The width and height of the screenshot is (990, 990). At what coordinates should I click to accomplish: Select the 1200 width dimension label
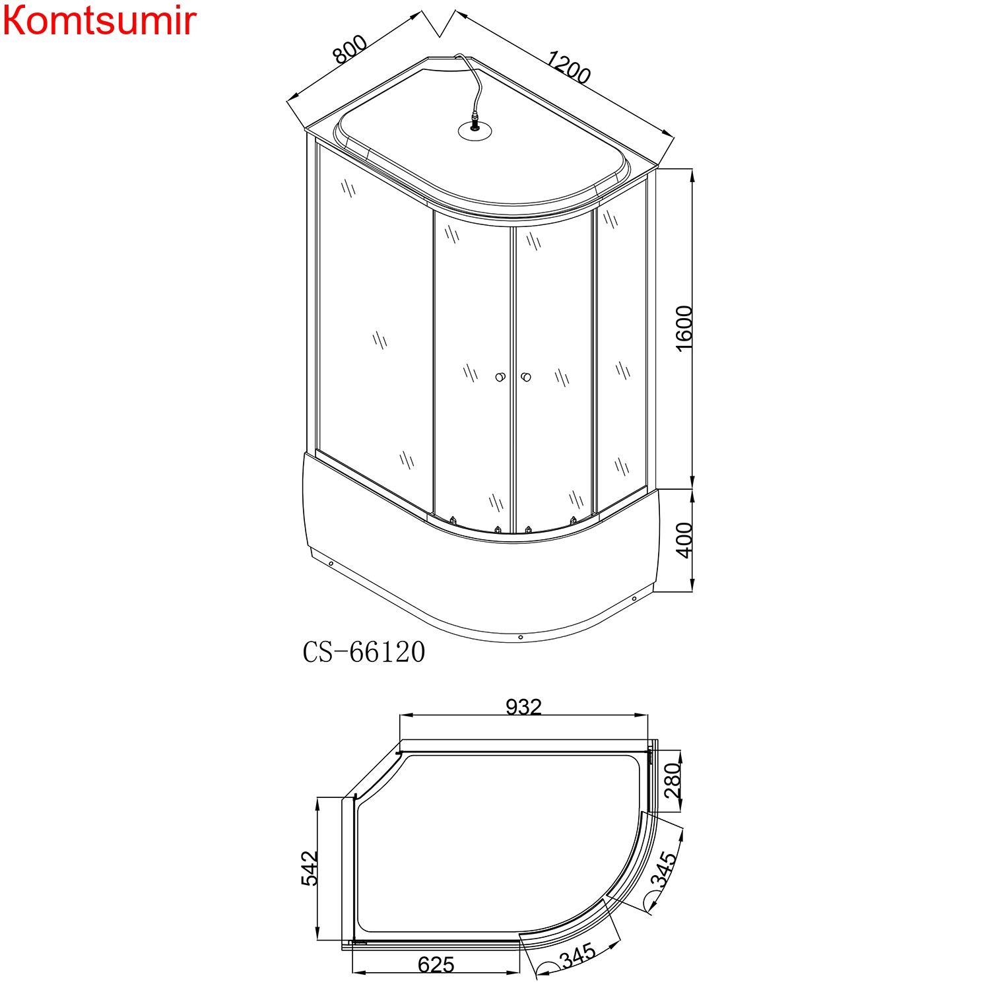(568, 69)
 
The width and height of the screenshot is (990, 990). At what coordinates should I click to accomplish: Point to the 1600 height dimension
(684, 328)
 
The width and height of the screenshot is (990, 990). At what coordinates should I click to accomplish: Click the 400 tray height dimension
(684, 540)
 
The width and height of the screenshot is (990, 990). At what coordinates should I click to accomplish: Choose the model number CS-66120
(364, 652)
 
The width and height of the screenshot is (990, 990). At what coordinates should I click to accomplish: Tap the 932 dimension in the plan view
(523, 707)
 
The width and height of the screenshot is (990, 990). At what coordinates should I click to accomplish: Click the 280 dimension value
(672, 780)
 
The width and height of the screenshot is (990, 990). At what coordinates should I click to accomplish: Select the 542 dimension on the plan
(310, 868)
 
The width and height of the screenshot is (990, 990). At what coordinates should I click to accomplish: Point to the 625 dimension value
(436, 965)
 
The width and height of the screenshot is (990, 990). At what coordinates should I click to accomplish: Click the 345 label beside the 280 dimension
(664, 870)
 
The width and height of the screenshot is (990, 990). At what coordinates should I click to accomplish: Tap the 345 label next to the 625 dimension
(577, 954)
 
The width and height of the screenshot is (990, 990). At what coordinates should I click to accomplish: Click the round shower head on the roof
(475, 130)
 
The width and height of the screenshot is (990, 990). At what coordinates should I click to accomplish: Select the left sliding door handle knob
(500, 378)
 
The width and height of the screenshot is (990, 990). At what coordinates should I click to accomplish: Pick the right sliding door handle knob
(526, 377)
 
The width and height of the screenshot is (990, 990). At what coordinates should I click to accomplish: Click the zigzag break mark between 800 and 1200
(440, 23)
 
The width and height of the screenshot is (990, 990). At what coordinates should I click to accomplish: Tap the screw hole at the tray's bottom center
(521, 637)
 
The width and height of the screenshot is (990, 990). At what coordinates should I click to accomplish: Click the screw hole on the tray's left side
(330, 564)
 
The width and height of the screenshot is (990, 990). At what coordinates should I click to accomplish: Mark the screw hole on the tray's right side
(634, 599)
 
